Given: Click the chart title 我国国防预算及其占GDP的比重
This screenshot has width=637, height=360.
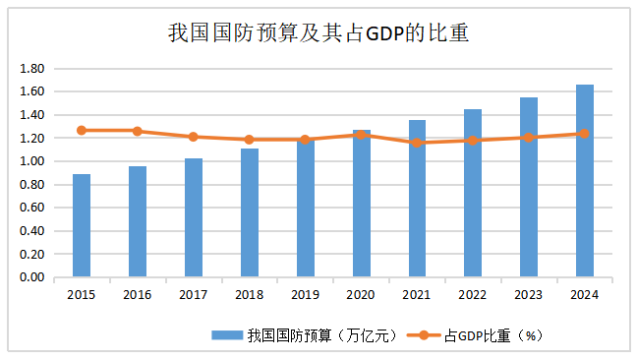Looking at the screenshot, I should coord(318,33).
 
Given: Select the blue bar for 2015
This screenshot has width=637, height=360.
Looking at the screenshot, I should coord(82,226).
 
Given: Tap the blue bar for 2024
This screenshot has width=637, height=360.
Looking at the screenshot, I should coord(585,181).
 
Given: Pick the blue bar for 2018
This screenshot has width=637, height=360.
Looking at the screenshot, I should coord(250,213).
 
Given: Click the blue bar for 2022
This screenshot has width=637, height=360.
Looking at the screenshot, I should coord(473,194).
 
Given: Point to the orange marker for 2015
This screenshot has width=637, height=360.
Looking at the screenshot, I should coord(82,130).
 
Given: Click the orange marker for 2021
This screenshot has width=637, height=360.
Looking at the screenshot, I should coord(417,143).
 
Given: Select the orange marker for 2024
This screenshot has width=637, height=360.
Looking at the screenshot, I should coord(585,134).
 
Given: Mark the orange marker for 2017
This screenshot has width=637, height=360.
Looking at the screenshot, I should coord(194,137).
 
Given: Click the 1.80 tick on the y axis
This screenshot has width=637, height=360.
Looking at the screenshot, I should coord(32,69).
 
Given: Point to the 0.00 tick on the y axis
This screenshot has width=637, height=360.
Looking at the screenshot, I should coord(32,278).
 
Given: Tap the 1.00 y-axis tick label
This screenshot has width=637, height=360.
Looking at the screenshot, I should coord(32,161).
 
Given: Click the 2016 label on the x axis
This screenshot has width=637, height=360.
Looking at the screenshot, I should coord(138,293).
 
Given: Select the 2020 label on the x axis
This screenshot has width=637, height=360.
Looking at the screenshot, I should coord(361,293).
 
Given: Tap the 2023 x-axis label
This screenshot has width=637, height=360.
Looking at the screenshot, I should coord(529,293).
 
